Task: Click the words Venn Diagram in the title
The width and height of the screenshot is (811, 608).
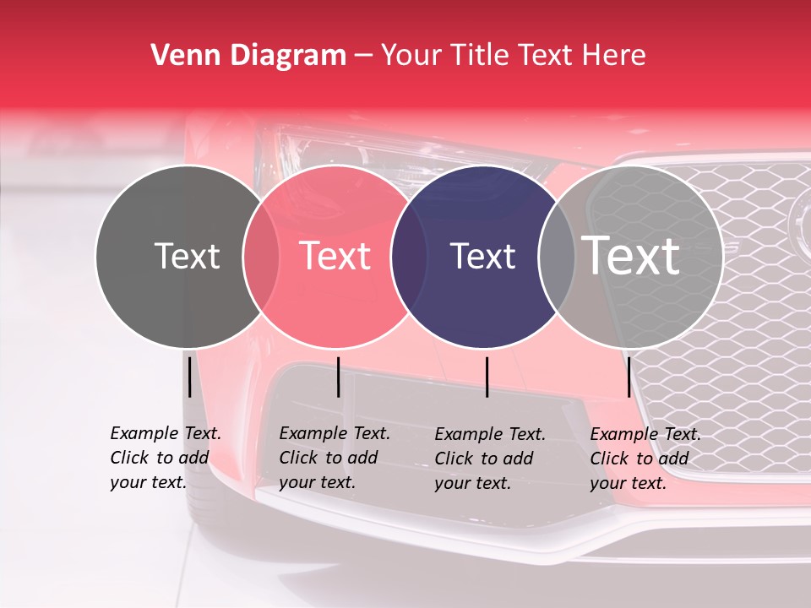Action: coord(248,56)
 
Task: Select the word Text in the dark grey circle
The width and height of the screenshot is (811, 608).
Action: coord(187,256)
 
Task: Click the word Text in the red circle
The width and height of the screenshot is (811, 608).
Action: coord(335,256)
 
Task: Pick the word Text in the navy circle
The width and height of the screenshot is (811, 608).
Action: coord(483,256)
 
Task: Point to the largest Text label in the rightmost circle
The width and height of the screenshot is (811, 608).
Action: coord(631,255)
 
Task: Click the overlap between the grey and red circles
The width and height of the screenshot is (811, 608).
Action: coord(261,257)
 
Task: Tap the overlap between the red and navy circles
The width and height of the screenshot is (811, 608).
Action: coord(409,257)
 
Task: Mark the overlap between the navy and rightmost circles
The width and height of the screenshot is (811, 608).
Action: coord(552,257)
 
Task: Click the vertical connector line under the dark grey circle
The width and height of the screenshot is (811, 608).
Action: coord(189,377)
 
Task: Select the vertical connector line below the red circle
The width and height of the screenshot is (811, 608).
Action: coord(338,377)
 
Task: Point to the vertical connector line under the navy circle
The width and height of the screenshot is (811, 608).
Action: coord(487,377)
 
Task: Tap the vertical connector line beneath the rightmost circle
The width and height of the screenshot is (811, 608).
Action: coord(629,377)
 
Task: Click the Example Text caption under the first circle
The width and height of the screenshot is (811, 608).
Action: coord(165,458)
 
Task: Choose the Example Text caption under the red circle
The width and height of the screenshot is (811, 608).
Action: coord(334,458)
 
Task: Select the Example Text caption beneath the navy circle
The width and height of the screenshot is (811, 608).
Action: coord(489,459)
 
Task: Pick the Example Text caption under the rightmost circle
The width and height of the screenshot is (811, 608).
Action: coord(645,459)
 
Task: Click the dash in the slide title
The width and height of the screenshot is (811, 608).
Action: coord(363,56)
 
